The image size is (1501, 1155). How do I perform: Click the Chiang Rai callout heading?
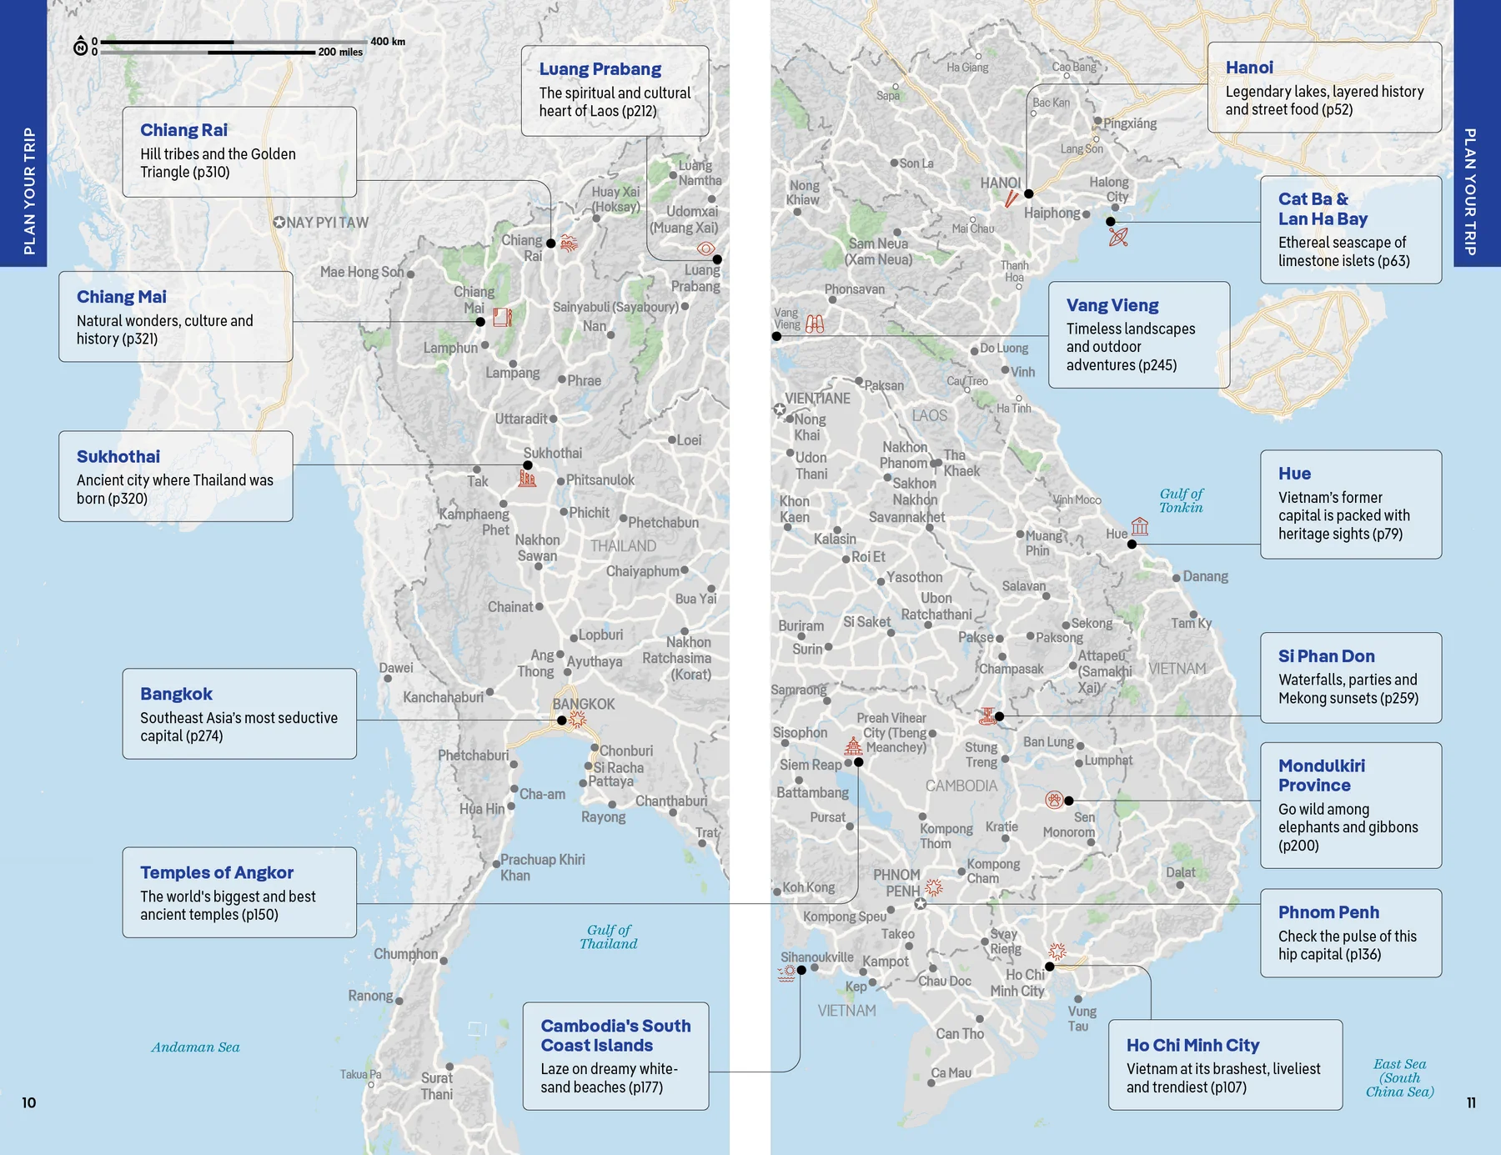(x=183, y=130)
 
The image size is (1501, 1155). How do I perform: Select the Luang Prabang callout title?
(x=600, y=69)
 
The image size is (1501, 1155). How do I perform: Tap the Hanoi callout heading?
(x=1248, y=68)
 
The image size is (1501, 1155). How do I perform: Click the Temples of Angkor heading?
(x=217, y=872)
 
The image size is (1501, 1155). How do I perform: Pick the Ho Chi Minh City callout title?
(x=1192, y=1045)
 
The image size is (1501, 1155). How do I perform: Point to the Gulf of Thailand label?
(x=609, y=937)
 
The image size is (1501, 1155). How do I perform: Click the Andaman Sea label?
(x=195, y=1047)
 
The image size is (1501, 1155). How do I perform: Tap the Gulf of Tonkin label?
(x=1181, y=500)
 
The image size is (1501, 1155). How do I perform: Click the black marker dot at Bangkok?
(x=562, y=721)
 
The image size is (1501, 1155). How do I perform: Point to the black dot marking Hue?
(x=1132, y=545)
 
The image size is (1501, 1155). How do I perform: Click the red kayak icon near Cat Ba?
(x=1118, y=237)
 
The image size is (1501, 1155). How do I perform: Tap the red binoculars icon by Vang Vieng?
(x=815, y=324)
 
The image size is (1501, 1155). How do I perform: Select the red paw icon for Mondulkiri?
(x=1054, y=800)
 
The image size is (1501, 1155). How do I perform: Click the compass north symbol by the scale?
(x=81, y=47)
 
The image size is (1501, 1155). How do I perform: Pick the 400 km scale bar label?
(x=388, y=42)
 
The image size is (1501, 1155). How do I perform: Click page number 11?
(x=1471, y=1102)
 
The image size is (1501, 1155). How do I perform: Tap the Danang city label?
(x=1205, y=576)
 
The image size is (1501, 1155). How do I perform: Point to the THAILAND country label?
(x=623, y=546)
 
